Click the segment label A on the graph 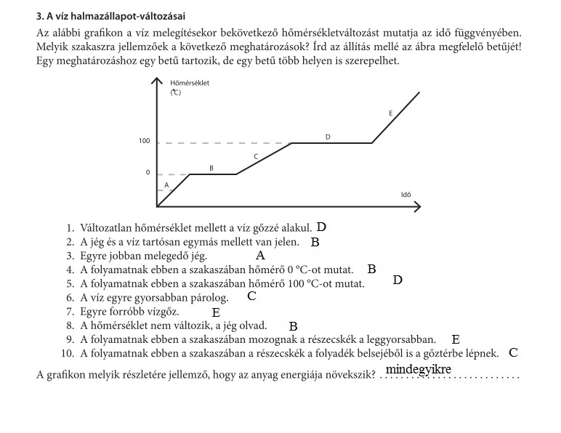pos(166,185)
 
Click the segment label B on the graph pos(211,168)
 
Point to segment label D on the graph pos(328,137)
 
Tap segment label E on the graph pos(391,113)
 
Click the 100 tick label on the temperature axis pos(144,140)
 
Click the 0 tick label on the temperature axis pos(148,173)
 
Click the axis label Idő pos(405,194)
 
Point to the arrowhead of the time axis pos(418,206)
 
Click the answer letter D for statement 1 pos(322,227)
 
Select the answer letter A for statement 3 pos(260,256)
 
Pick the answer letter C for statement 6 pos(251,296)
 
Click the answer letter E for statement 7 pos(216,312)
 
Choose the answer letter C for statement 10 pos(513,353)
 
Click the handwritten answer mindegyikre pos(418,370)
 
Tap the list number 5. pos(70,283)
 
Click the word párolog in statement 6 pos(209,297)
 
